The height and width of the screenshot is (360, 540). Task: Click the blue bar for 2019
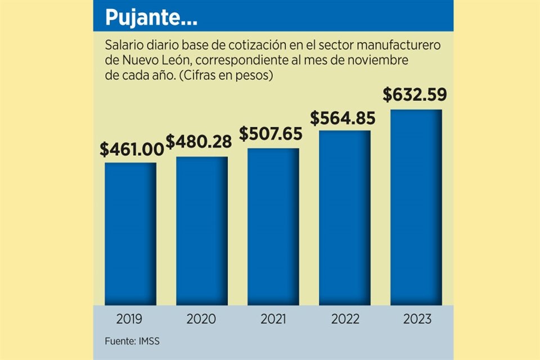[130, 233]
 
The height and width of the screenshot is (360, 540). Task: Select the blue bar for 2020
[201, 231]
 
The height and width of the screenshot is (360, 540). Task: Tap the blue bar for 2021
[273, 226]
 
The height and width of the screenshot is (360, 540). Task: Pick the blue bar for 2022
[344, 218]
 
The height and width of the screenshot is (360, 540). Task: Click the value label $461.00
[132, 150]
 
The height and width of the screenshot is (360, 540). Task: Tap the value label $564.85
[343, 118]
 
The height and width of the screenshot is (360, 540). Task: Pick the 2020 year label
[201, 319]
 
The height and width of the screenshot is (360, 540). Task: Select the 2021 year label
[274, 319]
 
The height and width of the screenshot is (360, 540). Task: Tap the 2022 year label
[345, 319]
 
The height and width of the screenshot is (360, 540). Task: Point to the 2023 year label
[417, 319]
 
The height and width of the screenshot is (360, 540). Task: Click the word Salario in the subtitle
[124, 44]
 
